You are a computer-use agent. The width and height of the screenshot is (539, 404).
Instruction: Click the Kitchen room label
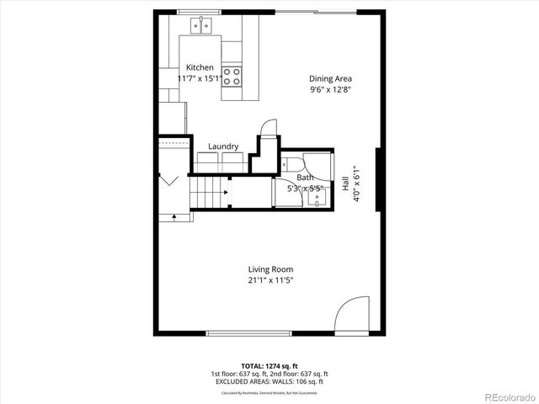tap(200, 67)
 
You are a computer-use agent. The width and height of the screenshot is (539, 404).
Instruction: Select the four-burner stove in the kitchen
tap(232, 77)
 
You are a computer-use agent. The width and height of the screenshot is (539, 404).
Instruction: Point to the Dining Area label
tap(329, 78)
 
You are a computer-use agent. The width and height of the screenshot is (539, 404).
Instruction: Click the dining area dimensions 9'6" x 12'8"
tap(329, 88)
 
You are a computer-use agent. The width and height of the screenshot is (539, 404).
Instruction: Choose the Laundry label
tap(223, 146)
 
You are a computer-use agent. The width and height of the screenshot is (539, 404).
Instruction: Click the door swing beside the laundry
tap(267, 127)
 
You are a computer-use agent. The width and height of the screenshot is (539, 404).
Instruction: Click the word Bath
tap(305, 178)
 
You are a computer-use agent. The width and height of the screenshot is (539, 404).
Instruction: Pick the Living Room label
tap(270, 269)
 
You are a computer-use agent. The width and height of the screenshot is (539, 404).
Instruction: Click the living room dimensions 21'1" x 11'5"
tap(270, 280)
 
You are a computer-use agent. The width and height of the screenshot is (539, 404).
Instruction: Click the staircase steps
tap(208, 193)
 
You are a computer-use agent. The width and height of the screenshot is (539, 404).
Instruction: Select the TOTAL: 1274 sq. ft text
tap(269, 366)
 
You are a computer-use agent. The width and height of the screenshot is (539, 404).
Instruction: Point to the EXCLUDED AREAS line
tap(269, 381)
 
